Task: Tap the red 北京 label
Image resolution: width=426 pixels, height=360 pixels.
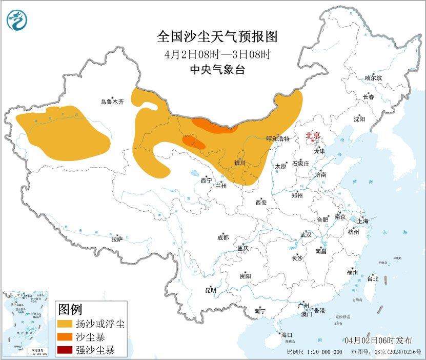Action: [313, 135]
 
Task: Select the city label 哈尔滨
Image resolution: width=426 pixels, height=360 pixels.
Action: [373, 78]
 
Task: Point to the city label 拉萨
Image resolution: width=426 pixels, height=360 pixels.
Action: [117, 239]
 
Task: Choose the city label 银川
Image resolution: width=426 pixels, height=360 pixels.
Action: [240, 163]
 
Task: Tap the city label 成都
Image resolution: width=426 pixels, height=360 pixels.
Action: [223, 237]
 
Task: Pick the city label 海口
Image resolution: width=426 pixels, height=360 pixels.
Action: [286, 335]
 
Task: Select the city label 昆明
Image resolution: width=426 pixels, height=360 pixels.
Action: [211, 290]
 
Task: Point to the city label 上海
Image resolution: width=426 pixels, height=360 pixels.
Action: [363, 221]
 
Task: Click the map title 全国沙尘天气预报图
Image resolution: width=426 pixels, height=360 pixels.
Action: [217, 37]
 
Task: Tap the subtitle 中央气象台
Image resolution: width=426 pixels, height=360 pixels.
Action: [217, 70]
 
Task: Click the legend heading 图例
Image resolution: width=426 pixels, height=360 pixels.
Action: [70, 309]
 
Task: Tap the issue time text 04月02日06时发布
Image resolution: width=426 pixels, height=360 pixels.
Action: [378, 341]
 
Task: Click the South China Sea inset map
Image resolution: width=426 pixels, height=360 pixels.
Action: [26, 324]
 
